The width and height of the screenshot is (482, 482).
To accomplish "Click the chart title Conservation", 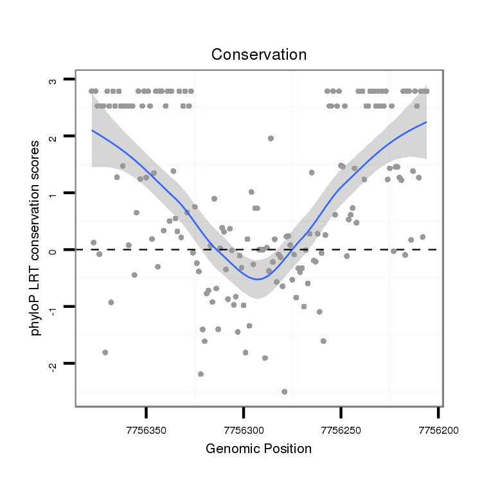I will (259, 55).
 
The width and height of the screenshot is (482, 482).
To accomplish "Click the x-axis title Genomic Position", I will (258, 449).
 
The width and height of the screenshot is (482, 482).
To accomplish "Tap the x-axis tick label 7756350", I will (147, 427).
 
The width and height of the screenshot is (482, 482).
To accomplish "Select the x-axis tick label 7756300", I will (244, 427).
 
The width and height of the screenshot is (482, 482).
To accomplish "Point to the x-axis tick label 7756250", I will (341, 427).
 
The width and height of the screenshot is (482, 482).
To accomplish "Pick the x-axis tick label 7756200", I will (438, 427).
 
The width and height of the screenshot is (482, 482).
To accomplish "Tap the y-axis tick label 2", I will (52, 136).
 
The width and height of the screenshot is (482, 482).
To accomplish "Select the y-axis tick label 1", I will (52, 193).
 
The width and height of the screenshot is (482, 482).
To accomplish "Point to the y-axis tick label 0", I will (52, 250).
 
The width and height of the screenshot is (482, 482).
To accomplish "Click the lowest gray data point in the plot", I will (284, 391).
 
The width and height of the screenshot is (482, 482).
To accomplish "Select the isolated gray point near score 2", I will (271, 138).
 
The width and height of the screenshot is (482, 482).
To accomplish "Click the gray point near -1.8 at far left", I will (105, 352).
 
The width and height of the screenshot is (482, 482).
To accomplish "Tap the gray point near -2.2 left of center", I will (201, 373).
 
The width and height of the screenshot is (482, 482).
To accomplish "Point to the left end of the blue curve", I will (92, 130).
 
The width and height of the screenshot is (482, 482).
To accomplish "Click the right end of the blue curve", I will (425, 122).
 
